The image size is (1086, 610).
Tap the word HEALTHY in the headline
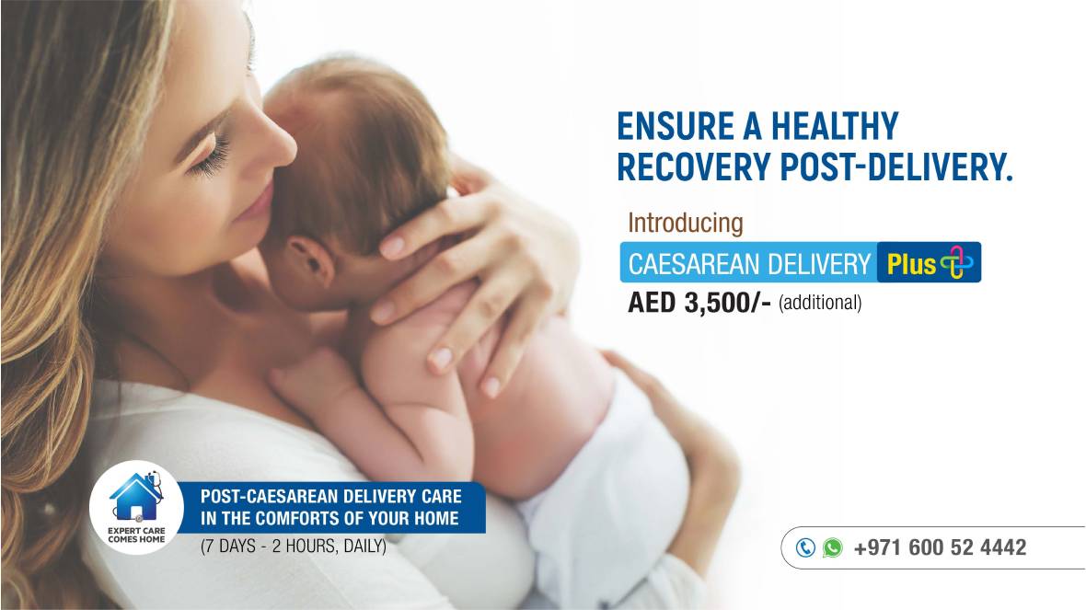835,126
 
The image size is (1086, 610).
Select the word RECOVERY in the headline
693,167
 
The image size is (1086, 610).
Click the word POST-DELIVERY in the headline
897,167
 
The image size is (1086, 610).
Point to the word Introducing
685,223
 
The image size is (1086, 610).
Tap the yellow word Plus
911,264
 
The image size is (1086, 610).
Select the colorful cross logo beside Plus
957,262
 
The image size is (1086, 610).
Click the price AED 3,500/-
699,303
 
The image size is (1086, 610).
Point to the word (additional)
820,304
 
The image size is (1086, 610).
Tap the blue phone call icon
804,547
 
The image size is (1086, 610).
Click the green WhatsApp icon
833,547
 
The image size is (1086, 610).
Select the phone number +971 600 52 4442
940,547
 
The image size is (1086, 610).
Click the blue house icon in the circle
136,496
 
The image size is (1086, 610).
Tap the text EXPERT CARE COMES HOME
136,535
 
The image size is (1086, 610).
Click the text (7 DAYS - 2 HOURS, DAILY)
293,547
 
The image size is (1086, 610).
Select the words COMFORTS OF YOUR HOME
357,518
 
